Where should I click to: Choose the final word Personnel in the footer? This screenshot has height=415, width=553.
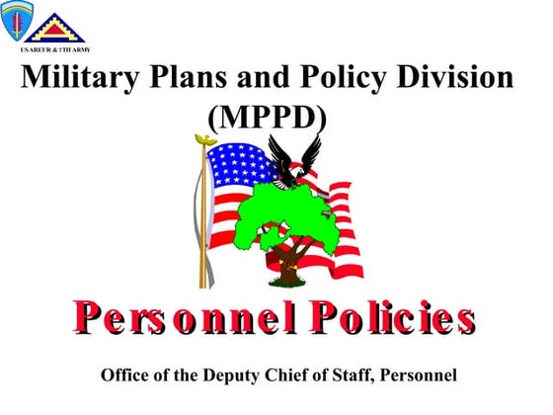(x=419, y=376)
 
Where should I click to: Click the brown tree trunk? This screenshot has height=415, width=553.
(x=287, y=262)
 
